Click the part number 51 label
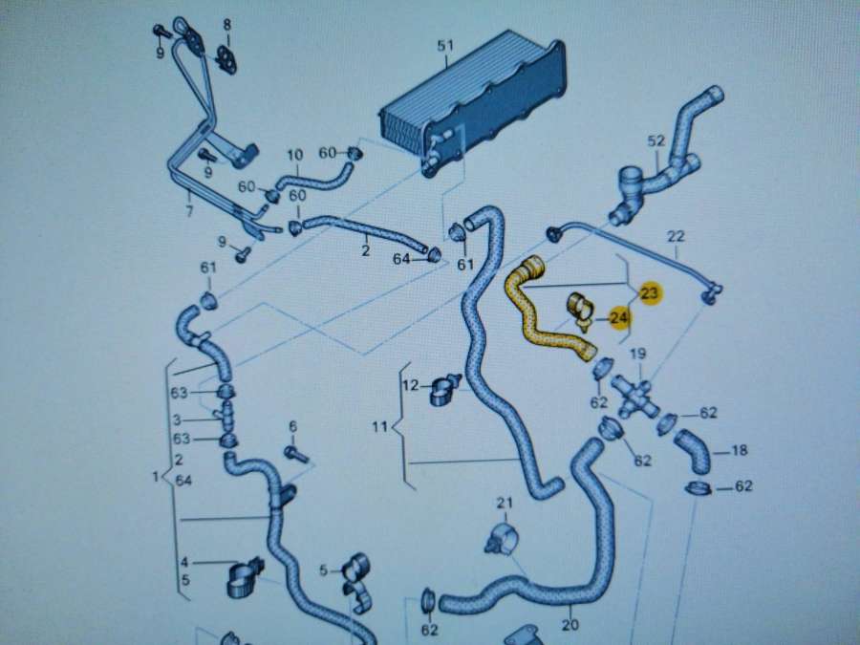[443, 46]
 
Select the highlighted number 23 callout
[650, 293]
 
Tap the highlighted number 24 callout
[619, 316]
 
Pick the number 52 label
[656, 140]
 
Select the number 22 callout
[677, 236]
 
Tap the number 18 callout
[739, 450]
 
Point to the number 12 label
[410, 385]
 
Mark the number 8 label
[227, 24]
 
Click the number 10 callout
[294, 155]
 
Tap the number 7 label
[189, 210]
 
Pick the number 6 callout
[292, 426]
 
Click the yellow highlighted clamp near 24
[580, 309]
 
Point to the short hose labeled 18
[693, 450]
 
